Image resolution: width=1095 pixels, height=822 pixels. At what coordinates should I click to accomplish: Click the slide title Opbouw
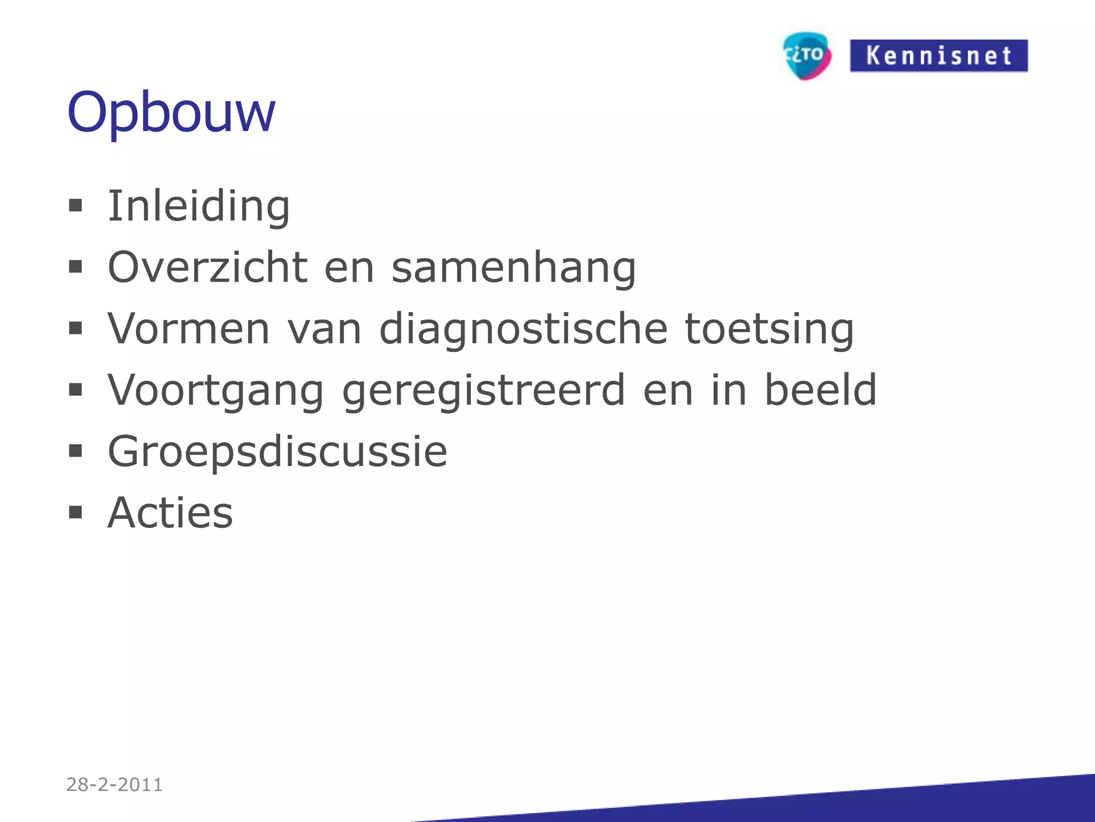[171, 112]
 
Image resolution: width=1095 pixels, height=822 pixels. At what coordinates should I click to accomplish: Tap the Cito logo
[807, 55]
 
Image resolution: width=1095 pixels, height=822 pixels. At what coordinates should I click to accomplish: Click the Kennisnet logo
[938, 56]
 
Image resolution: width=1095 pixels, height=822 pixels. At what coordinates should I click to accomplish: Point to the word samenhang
[514, 268]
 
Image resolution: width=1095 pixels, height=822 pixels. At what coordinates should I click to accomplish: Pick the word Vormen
[188, 329]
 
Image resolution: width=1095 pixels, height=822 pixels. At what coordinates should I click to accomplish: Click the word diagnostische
[523, 330]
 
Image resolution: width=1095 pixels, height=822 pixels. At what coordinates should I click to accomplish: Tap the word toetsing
[769, 330]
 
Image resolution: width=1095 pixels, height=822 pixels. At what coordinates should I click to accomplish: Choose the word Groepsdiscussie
[277, 452]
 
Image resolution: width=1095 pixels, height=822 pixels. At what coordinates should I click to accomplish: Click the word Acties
[170, 513]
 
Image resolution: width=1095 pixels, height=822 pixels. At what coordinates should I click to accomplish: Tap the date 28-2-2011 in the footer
[114, 785]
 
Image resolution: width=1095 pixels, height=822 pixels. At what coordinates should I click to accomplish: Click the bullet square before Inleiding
[75, 205]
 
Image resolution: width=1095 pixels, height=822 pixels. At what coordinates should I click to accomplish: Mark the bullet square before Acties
[75, 513]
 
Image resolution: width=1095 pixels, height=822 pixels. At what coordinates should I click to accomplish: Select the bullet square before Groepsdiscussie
[75, 451]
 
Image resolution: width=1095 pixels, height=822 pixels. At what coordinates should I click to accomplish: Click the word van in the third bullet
[325, 330]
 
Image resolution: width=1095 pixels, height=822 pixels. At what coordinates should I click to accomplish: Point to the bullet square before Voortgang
[75, 390]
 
